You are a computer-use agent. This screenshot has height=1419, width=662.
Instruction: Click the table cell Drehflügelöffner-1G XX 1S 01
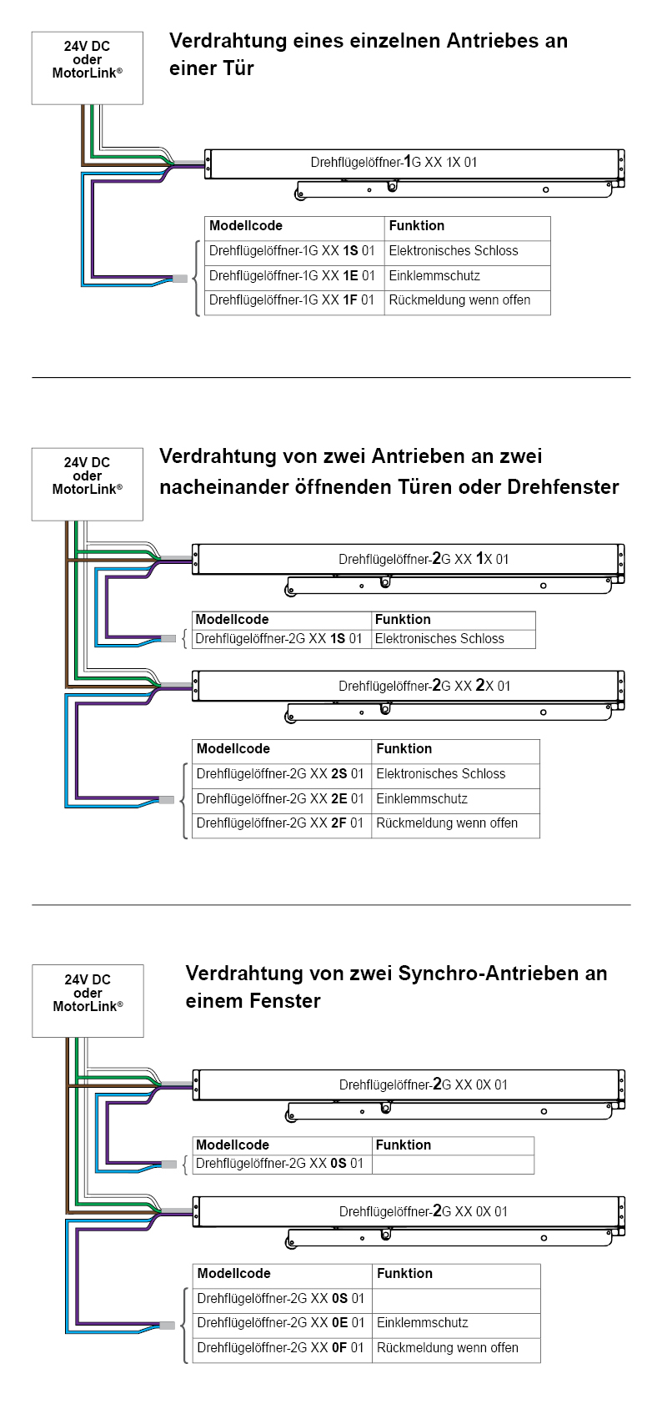coord(292,251)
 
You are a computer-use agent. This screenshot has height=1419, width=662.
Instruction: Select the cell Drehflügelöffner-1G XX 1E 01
coord(292,276)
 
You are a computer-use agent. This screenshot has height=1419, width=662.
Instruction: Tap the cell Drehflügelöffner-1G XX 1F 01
coord(292,300)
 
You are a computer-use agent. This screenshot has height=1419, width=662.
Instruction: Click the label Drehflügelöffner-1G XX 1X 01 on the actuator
coord(394,162)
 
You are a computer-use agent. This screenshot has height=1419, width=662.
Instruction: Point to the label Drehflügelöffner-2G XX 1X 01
coord(424,559)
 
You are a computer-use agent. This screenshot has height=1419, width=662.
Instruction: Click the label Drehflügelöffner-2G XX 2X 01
coord(424,686)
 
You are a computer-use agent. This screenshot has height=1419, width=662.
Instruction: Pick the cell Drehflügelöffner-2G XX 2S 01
coord(280,774)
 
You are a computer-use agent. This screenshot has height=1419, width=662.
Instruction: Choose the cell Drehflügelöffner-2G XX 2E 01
coord(280,799)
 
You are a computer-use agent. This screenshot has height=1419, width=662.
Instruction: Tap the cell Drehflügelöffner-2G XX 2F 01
coord(280,823)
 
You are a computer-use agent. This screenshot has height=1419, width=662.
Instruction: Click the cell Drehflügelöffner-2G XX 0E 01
coord(281,1323)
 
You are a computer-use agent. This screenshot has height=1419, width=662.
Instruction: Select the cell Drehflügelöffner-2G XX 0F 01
coord(281,1348)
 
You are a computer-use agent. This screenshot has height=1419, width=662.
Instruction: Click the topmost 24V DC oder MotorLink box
coord(88,68)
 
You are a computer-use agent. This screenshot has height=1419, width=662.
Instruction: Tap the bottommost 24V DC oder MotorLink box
coord(88,1000)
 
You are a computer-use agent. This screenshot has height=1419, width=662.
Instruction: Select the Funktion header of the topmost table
coord(417,226)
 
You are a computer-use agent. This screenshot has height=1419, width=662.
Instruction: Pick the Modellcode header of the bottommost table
coord(234,1274)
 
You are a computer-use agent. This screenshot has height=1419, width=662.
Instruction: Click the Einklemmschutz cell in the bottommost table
coord(423,1323)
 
